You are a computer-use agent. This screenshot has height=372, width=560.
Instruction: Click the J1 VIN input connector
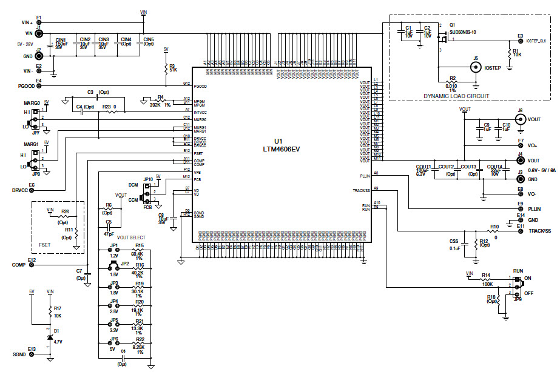(38, 33)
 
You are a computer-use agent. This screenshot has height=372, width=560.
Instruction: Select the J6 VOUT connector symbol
(520, 119)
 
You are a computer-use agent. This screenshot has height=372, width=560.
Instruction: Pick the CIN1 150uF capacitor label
(61, 44)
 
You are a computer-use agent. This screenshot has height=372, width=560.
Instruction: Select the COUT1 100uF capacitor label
(423, 169)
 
